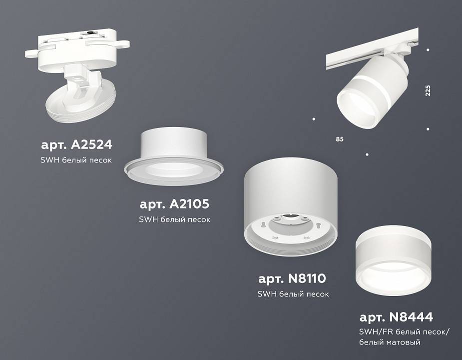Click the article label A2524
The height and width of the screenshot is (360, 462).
click(x=76, y=145)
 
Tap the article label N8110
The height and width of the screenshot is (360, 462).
click(x=293, y=278)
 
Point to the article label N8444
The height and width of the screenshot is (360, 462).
click(x=396, y=316)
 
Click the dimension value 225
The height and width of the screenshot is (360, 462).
click(x=428, y=90)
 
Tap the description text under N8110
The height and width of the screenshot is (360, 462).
click(x=293, y=294)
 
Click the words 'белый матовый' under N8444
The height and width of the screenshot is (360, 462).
click(x=390, y=342)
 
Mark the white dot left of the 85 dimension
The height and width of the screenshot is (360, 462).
click(x=313, y=119)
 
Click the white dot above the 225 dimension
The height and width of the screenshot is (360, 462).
click(x=428, y=50)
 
